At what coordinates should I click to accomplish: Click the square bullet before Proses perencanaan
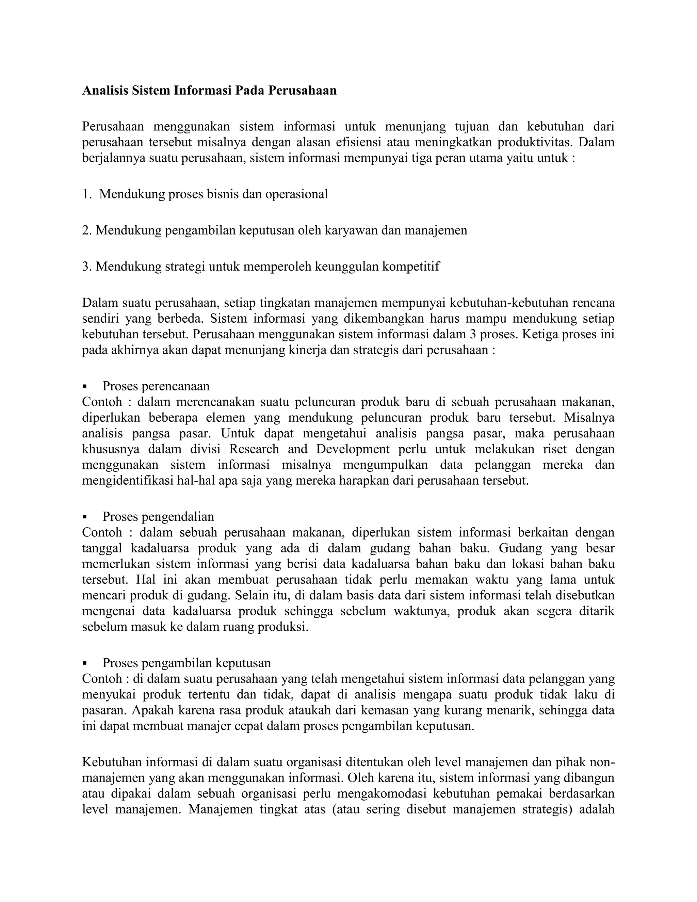pyautogui.click(x=85, y=387)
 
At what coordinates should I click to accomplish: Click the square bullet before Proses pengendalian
pyautogui.click(x=85, y=517)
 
